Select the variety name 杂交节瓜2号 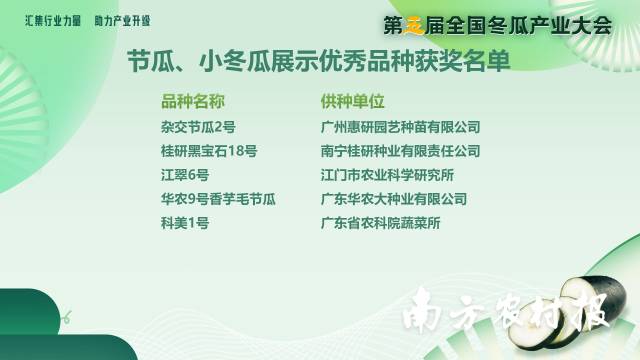click(198, 127)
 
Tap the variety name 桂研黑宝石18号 click(209, 151)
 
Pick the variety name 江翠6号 click(185, 175)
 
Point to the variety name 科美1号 click(185, 223)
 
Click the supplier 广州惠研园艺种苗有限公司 click(400, 127)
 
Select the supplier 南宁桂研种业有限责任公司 click(400, 151)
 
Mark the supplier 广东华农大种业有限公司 click(393, 199)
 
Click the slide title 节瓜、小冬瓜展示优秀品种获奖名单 click(318, 62)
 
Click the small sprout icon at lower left click(66, 318)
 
